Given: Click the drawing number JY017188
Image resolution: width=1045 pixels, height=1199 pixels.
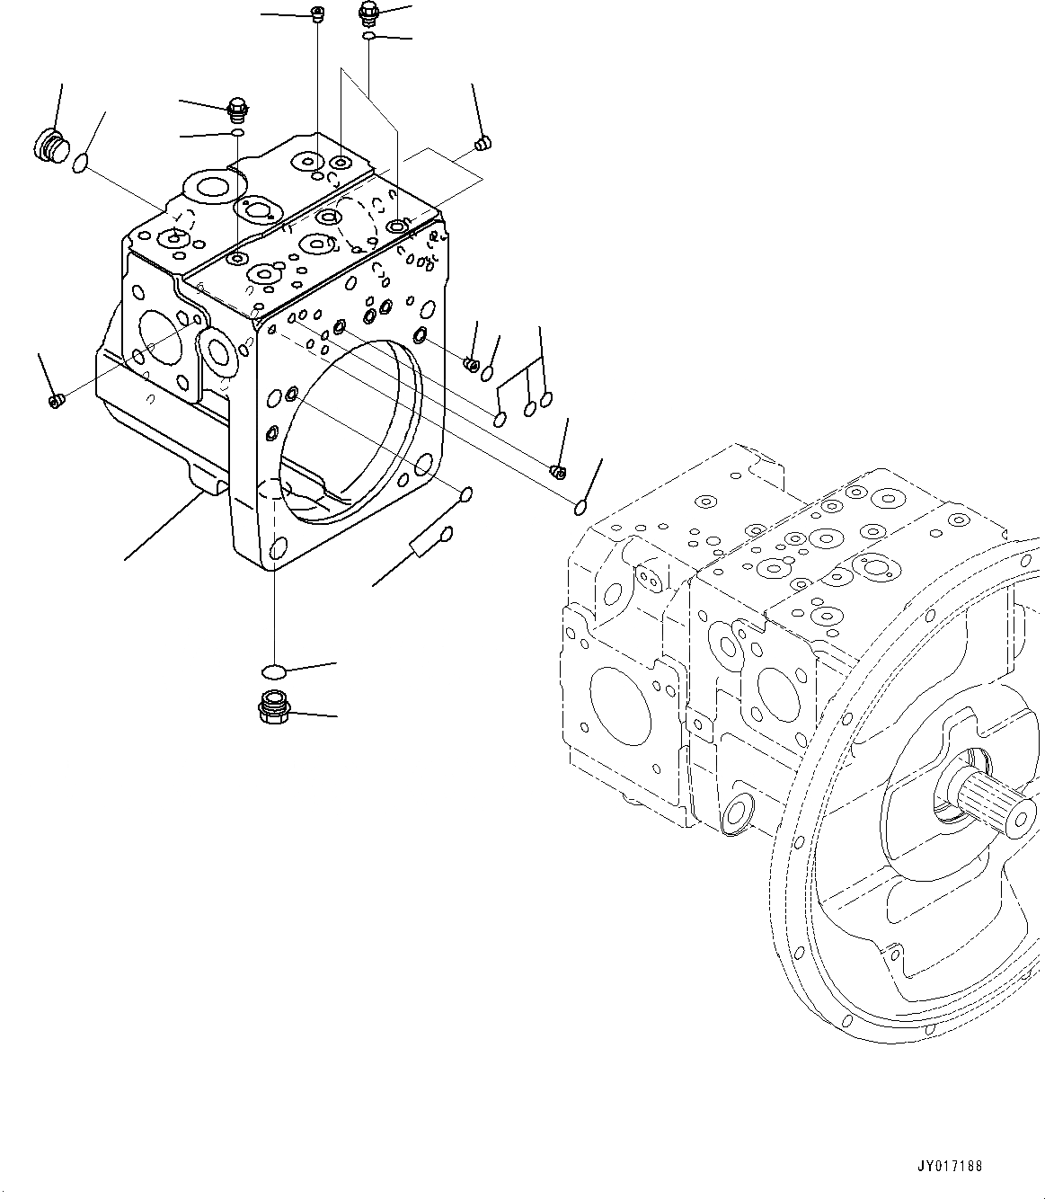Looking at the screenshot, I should tap(951, 1166).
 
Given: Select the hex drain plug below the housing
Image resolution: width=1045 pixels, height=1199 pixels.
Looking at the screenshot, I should tap(271, 708).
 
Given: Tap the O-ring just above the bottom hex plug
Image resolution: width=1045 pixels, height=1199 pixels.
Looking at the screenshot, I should tap(273, 671).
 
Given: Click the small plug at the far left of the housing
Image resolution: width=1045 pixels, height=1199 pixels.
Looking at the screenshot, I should tap(56, 401).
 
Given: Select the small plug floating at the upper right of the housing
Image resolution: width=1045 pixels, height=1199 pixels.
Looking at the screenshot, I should tap(483, 143).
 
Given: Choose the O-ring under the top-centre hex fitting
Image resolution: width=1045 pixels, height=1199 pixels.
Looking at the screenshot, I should tap(369, 36).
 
